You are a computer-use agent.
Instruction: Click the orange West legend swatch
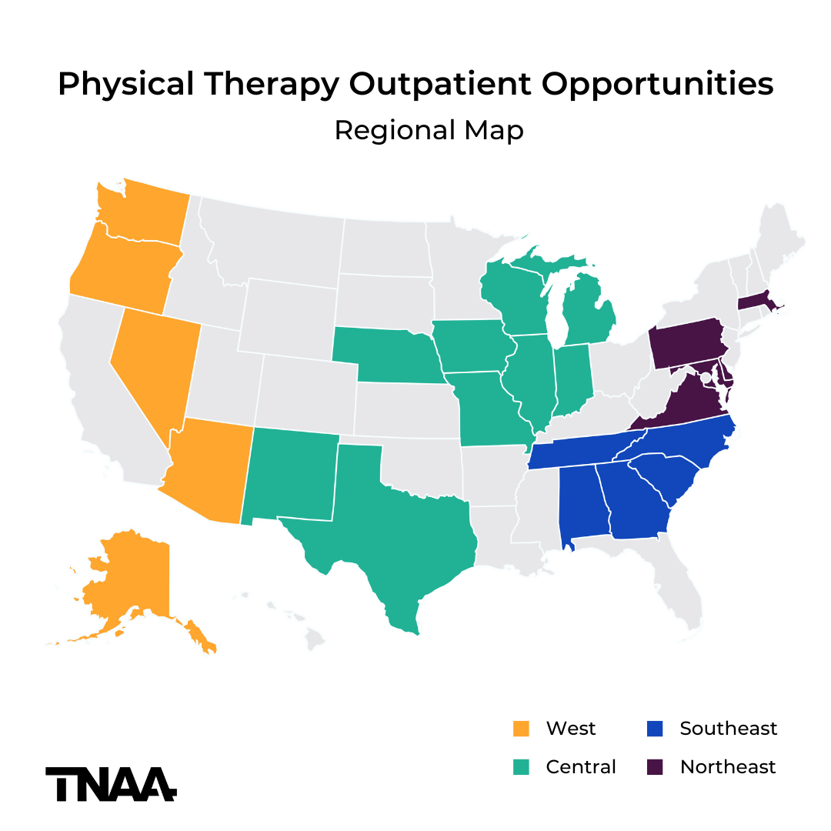[x=522, y=728]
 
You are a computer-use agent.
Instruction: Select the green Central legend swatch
[x=522, y=766]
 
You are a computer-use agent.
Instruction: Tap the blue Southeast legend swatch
[x=655, y=728]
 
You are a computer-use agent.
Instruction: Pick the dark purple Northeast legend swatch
[x=655, y=766]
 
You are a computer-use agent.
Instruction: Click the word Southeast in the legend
[x=728, y=728]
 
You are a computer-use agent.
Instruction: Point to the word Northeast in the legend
[x=728, y=766]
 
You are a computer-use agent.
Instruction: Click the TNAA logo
[x=111, y=783]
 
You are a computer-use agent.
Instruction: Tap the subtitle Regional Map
[x=429, y=130]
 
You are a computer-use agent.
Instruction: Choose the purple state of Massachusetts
[x=754, y=300]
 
